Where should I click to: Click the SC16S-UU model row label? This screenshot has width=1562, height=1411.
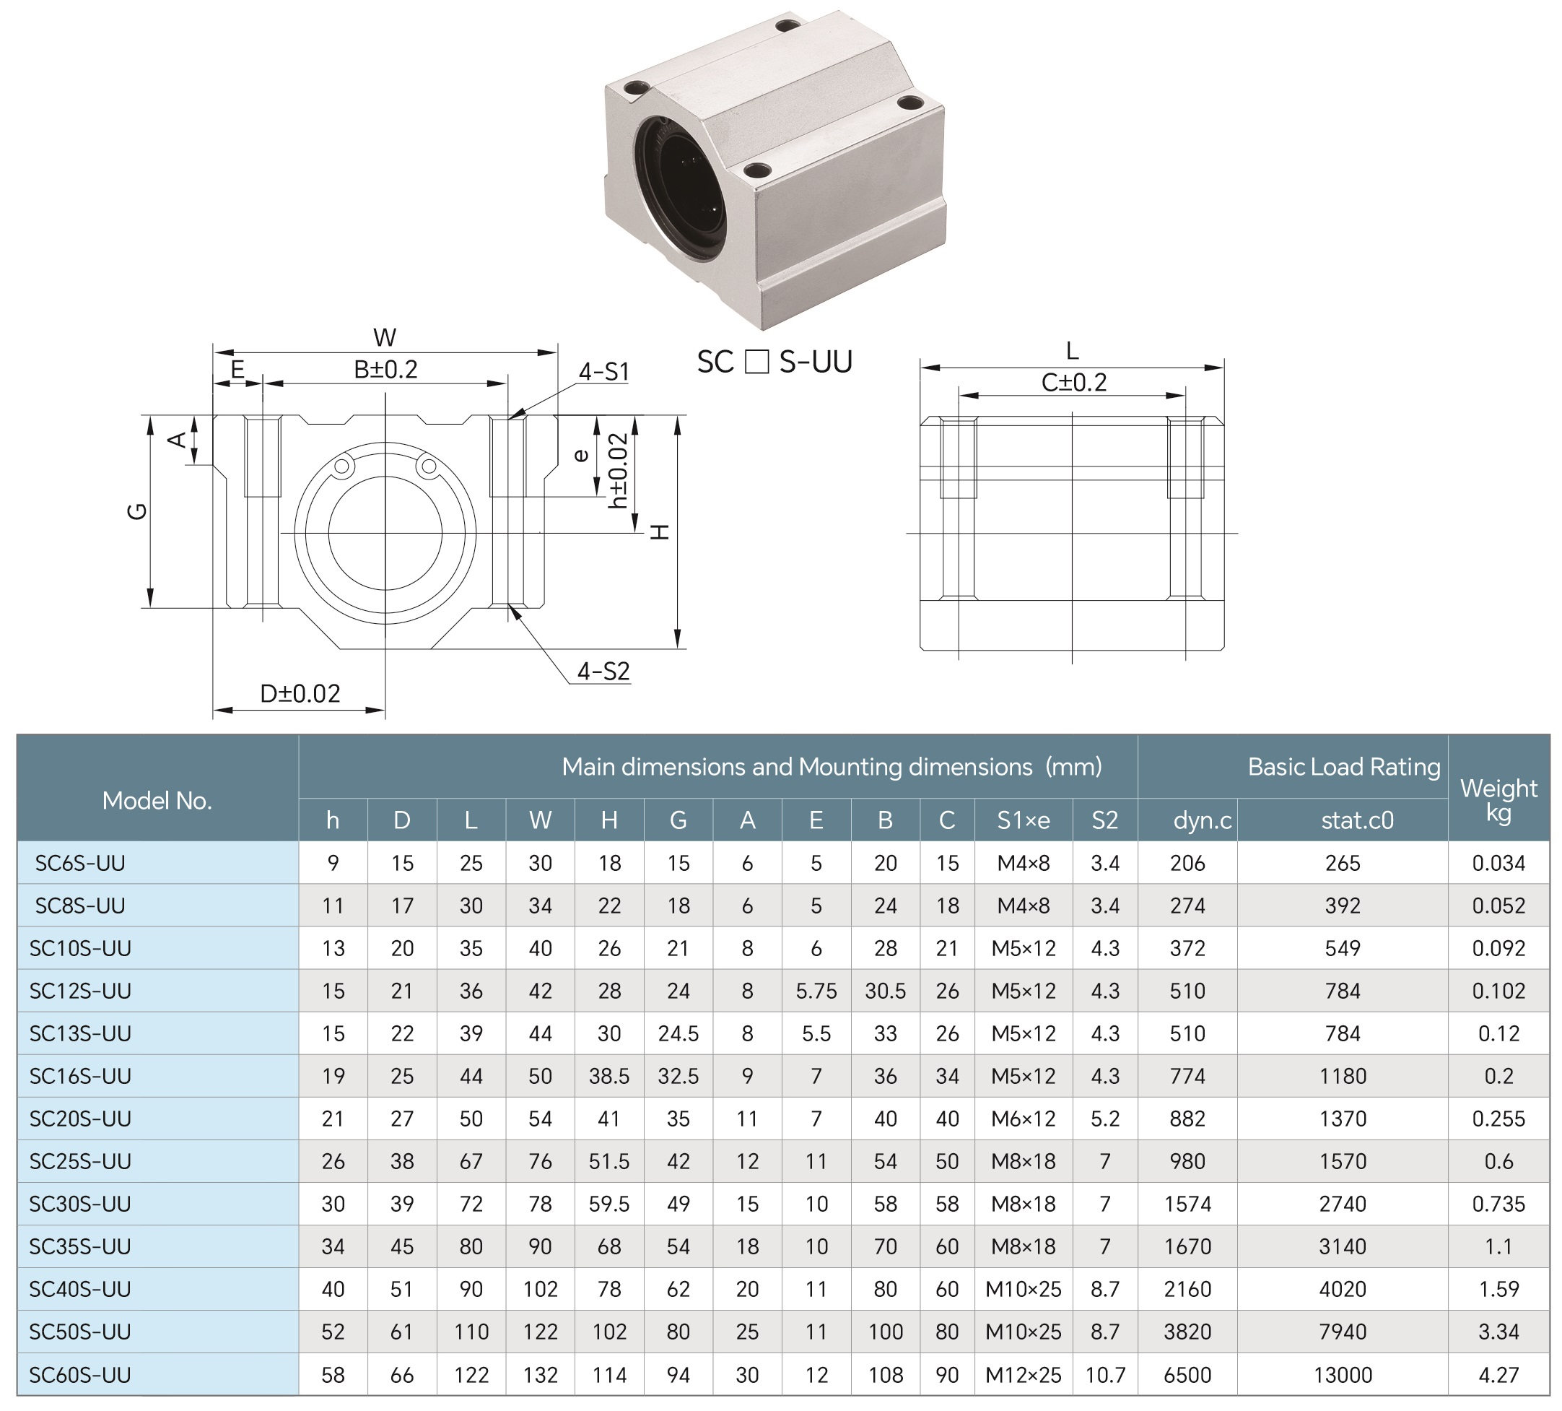coord(80,1076)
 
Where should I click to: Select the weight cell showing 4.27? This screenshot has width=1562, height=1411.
coord(1498,1375)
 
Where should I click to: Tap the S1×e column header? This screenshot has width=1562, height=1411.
coord(1023,820)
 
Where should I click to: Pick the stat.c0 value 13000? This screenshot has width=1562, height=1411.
coord(1342,1375)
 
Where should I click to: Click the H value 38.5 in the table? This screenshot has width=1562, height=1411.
coord(609,1076)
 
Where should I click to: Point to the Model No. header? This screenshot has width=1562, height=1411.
coord(157,801)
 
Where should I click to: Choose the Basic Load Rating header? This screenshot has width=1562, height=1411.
coord(1343,767)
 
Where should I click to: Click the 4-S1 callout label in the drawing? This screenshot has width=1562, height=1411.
coord(603,372)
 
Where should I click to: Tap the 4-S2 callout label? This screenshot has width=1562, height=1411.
coord(603,672)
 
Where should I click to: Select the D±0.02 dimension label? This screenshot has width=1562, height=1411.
coord(300,693)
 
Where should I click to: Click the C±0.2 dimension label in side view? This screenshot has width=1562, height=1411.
coord(1073,382)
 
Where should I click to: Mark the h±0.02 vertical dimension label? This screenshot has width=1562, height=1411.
coord(618,471)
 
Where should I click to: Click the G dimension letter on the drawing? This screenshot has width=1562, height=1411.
coord(136,511)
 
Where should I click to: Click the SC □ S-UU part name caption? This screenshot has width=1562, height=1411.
coord(774,362)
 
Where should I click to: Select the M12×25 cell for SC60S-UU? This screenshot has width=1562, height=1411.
coord(1023,1375)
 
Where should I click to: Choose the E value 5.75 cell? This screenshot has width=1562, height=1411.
coord(816,991)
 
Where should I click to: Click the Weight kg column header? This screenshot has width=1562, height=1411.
coord(1498,800)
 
